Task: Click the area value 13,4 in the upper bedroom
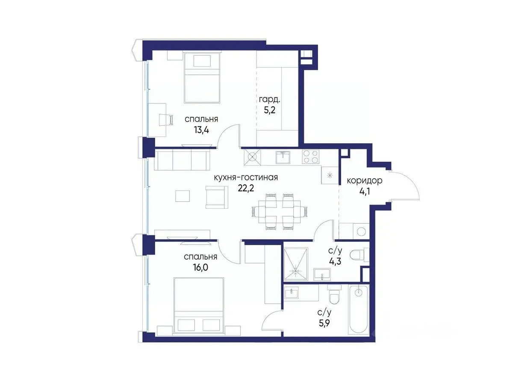pyautogui.click(x=201, y=130)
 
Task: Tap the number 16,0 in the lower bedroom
pyautogui.click(x=200, y=267)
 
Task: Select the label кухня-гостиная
pyautogui.click(x=246, y=178)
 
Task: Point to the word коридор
pyautogui.click(x=364, y=181)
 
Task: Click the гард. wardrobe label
pyautogui.click(x=269, y=100)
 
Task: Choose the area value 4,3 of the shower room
pyautogui.click(x=335, y=261)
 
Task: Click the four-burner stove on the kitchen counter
pyautogui.click(x=311, y=157)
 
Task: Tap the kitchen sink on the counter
pyautogui.click(x=283, y=157)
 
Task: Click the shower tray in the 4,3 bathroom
pyautogui.click(x=295, y=264)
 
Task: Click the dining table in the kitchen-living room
pyautogui.click(x=279, y=212)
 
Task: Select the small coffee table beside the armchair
pyautogui.click(x=183, y=195)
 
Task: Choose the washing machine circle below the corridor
pyautogui.click(x=361, y=231)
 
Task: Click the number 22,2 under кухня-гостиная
pyautogui.click(x=246, y=188)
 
